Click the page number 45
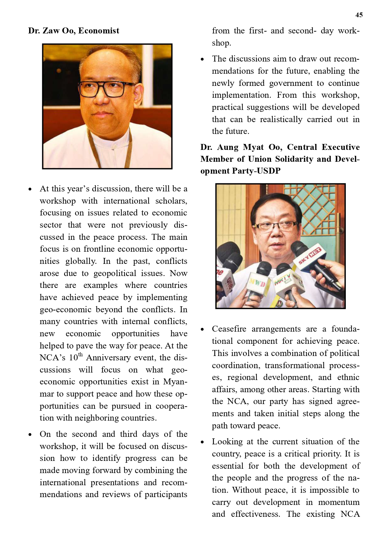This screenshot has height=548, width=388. point(359,15)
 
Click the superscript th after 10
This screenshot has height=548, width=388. point(81,354)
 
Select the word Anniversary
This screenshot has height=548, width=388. point(108,358)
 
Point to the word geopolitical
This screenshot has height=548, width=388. point(115,273)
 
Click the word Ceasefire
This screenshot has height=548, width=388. point(229,329)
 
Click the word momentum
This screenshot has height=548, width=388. point(339,502)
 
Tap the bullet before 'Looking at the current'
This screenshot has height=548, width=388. point(203,442)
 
